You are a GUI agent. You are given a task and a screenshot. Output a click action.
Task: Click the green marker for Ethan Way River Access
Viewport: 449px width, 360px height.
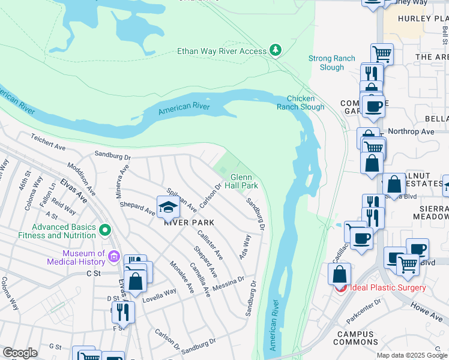[x=276, y=50]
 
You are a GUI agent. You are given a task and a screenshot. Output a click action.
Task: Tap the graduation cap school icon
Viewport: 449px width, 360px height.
[x=169, y=207]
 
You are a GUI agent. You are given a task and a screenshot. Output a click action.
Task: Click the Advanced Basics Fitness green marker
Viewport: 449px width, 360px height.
[x=105, y=230]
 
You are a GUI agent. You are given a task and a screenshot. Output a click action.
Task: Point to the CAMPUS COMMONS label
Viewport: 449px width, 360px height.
[x=357, y=338]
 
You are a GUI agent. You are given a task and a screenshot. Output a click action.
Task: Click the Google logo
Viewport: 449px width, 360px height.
[x=20, y=353]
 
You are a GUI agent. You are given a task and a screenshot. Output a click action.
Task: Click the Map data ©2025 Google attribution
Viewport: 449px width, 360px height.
[x=412, y=355]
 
